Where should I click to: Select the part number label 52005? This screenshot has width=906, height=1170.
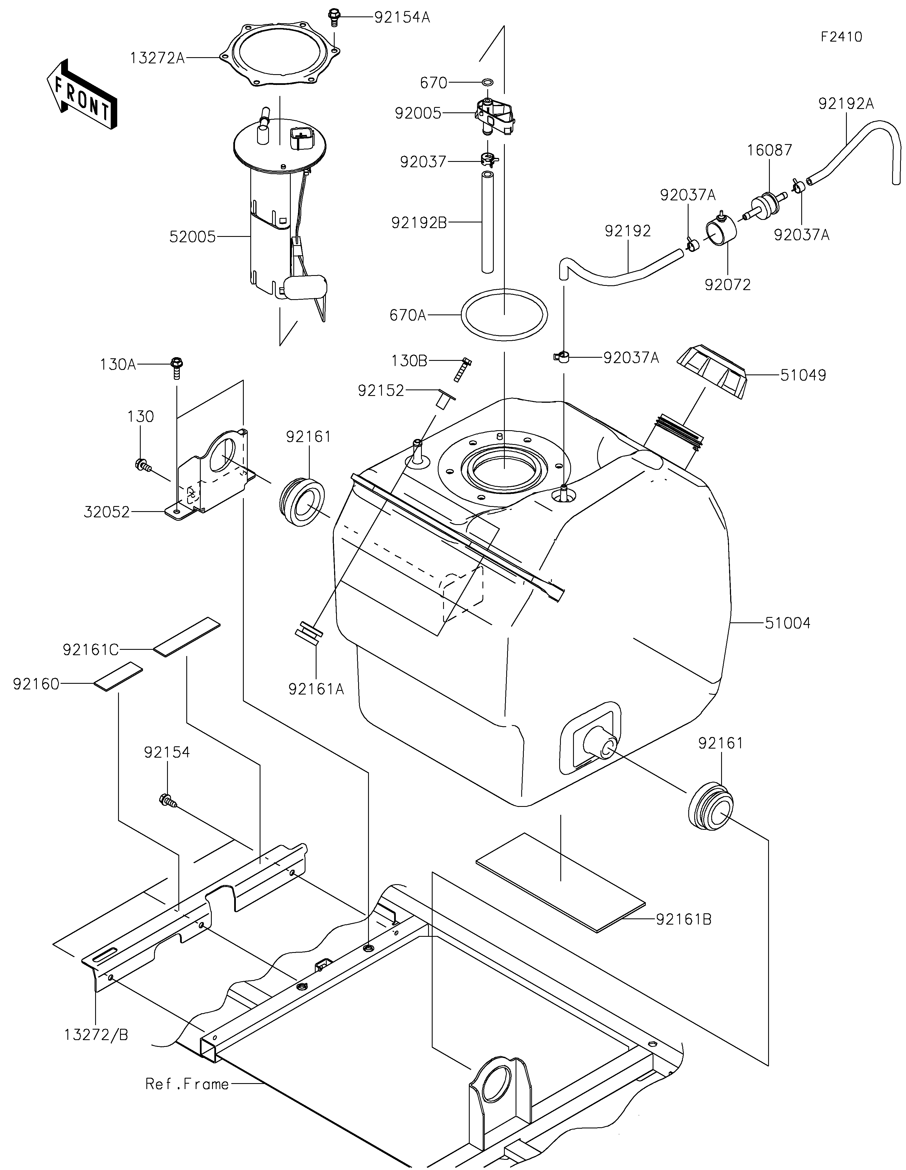[x=192, y=237]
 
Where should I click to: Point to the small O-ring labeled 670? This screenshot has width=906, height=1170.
[x=488, y=83]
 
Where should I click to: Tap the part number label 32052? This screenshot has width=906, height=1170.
[x=107, y=512]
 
